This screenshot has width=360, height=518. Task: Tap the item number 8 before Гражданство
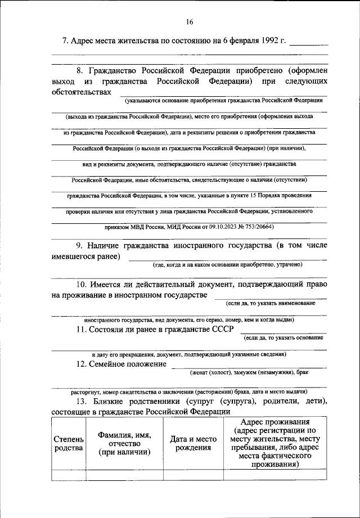pos(80,71)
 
